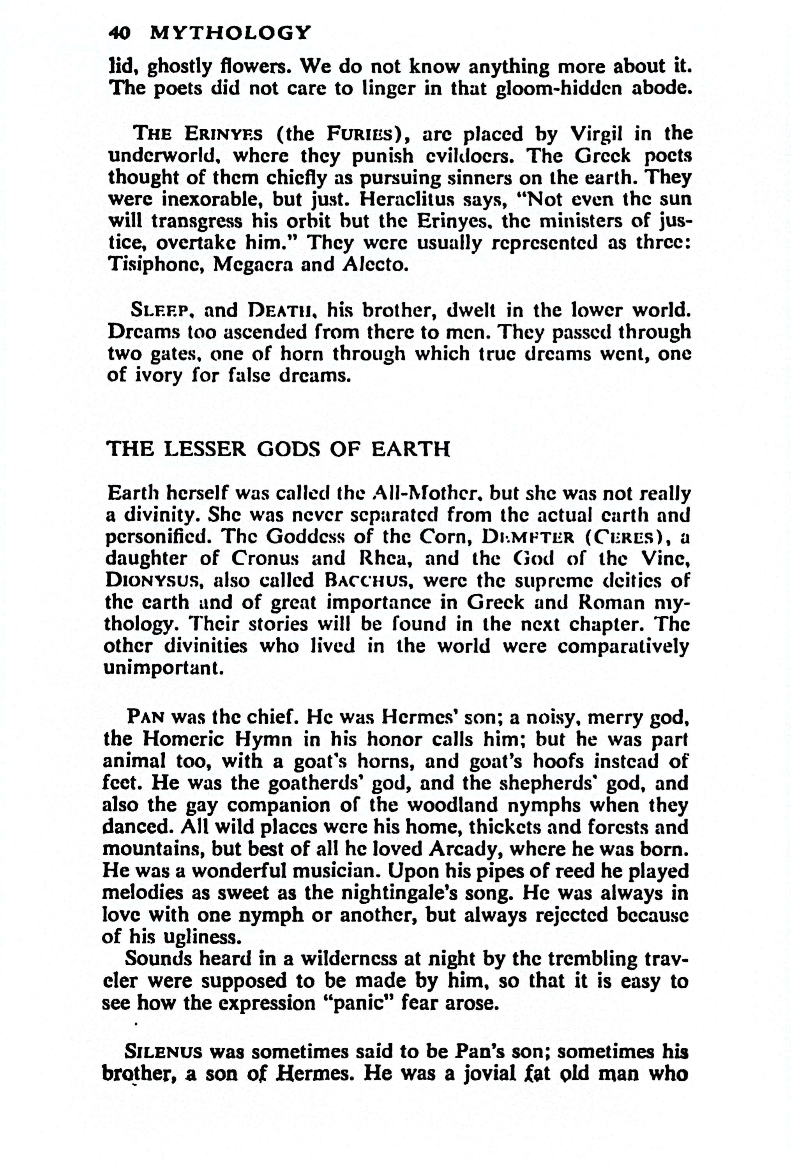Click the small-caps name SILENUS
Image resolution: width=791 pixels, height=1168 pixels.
pos(163,1052)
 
